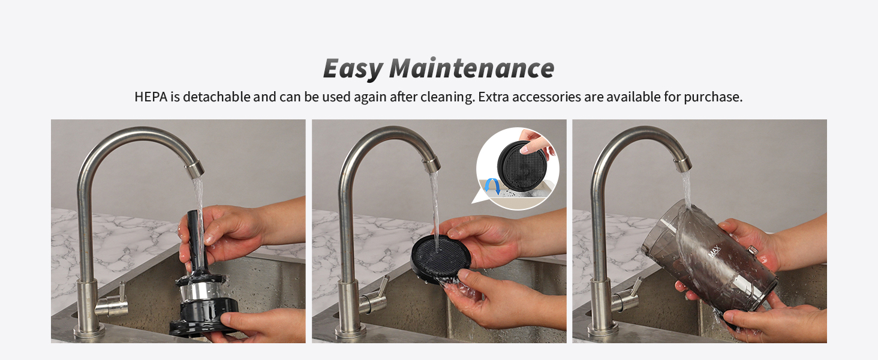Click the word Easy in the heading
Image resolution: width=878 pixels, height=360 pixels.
[353, 68]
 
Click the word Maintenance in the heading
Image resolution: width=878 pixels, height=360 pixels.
[472, 68]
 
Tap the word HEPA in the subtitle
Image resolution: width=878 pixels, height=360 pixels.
[151, 97]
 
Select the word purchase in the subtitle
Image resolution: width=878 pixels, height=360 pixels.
[712, 97]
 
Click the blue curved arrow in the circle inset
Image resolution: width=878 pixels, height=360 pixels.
[492, 186]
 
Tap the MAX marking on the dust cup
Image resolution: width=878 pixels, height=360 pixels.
[714, 251]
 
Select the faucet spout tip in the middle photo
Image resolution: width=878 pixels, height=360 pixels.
[431, 165]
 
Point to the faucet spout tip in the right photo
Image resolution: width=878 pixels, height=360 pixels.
[682, 164]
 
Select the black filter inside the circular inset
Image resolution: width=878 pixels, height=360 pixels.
[522, 167]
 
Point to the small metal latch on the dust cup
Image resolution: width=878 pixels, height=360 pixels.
[752, 250]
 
